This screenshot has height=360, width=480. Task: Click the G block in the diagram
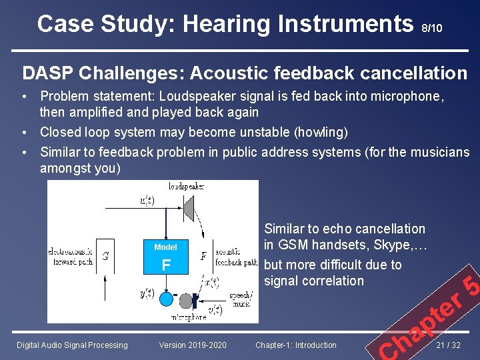[105, 256]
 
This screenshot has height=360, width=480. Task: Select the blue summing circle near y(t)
[166, 299]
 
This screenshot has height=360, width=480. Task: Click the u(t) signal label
[147, 200]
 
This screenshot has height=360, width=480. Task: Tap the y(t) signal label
[147, 293]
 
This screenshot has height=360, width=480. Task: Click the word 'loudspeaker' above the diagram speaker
[186, 185]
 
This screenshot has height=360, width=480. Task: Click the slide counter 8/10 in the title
[431, 29]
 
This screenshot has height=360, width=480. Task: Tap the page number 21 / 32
[451, 345]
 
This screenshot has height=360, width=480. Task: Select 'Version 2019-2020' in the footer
[193, 345]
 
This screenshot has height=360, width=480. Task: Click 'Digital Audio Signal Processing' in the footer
[72, 345]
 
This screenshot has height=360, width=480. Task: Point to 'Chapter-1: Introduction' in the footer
[296, 345]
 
